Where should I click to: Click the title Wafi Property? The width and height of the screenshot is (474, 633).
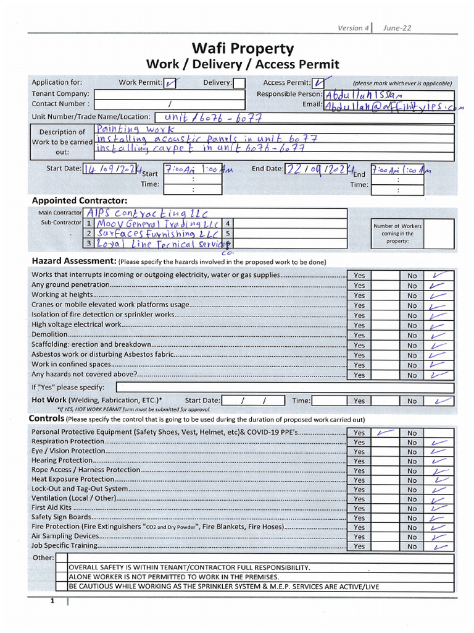(x=242, y=48)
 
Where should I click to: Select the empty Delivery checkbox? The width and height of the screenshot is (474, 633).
(x=239, y=83)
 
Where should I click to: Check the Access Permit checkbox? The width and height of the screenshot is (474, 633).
(x=319, y=83)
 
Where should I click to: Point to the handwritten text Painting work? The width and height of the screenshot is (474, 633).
(x=135, y=129)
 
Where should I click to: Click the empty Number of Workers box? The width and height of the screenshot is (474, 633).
(x=439, y=234)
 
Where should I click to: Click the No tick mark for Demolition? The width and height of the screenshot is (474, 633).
(x=438, y=335)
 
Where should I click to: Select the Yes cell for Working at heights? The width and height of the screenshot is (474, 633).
(x=359, y=295)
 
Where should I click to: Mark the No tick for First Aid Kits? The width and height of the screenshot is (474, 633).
(x=439, y=508)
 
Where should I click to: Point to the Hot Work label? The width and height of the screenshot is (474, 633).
(x=49, y=400)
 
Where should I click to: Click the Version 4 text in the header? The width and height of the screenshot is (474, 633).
(x=352, y=28)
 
